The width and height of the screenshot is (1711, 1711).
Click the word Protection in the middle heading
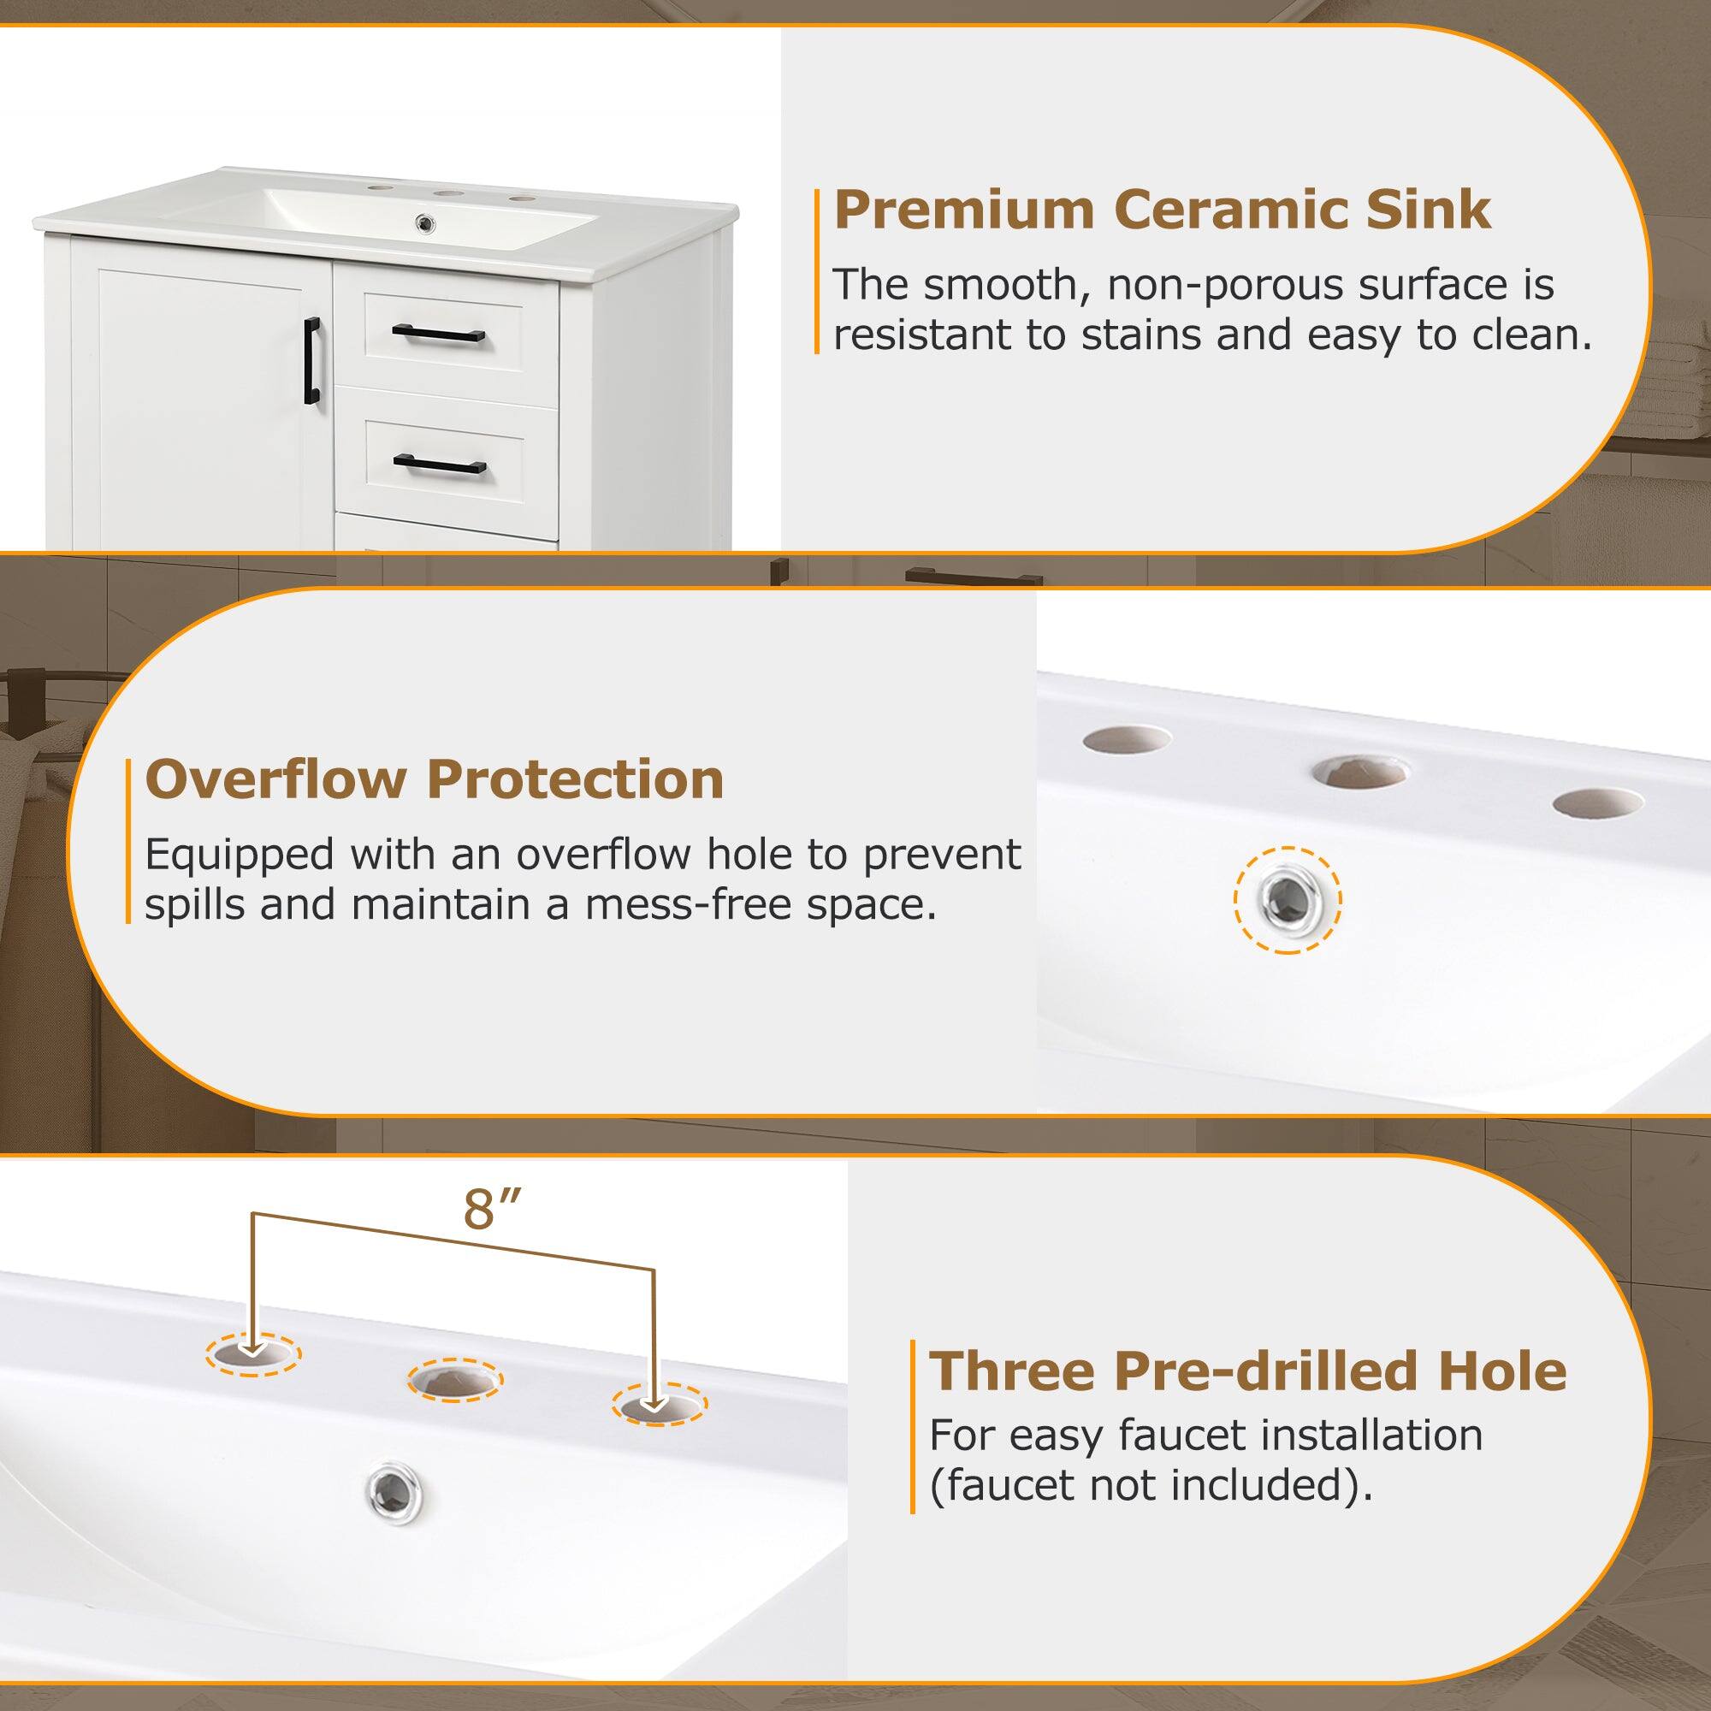pos(575,780)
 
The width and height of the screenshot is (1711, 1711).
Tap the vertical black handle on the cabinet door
pos(311,362)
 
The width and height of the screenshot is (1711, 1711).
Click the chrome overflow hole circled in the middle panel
pos(1287,901)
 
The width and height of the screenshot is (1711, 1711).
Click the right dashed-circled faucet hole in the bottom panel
pos(660,1429)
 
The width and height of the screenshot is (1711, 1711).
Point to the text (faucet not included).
pos(1151,1485)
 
